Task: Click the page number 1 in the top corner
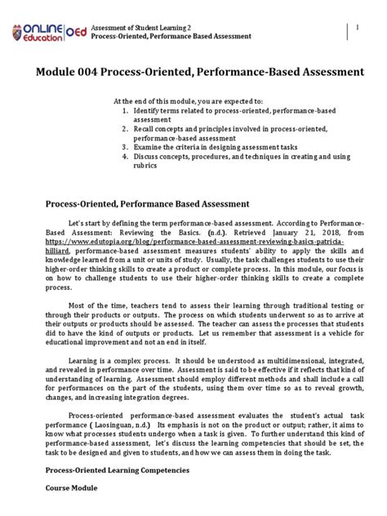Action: (357, 29)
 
